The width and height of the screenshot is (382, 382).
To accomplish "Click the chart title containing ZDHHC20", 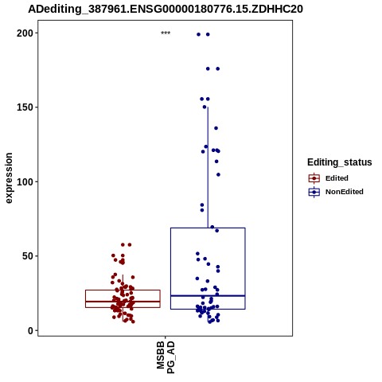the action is (166, 9).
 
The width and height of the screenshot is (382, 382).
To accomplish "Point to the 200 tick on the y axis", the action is (25, 33).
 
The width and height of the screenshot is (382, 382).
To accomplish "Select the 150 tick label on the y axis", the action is (25, 107).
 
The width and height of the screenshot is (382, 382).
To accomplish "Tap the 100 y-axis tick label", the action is (25, 182).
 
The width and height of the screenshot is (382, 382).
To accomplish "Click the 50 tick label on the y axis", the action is (28, 256).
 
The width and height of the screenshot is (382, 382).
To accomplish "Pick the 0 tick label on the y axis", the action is (30, 330).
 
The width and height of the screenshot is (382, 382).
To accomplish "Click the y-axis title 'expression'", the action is (9, 178).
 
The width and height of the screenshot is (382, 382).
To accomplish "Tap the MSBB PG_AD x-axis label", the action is (166, 357).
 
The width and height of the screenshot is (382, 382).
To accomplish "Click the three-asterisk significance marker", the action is (166, 33).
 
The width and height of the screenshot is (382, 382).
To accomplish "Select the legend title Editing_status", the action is (340, 162).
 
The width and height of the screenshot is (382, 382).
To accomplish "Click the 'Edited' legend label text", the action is (337, 178).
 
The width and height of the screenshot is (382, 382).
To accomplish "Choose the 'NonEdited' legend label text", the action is (345, 192).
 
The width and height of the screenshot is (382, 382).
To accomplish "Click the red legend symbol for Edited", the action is (314, 178).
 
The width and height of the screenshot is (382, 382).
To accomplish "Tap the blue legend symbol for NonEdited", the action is (314, 192).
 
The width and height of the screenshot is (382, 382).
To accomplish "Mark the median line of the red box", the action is (123, 302).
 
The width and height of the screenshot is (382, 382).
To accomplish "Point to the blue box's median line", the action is (208, 296).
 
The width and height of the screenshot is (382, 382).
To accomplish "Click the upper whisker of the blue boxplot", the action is (208, 167).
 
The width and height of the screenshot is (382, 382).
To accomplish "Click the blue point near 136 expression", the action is (216, 128).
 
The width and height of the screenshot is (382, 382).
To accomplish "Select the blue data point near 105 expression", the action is (218, 174).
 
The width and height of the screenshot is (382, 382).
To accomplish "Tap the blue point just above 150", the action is (205, 107).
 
